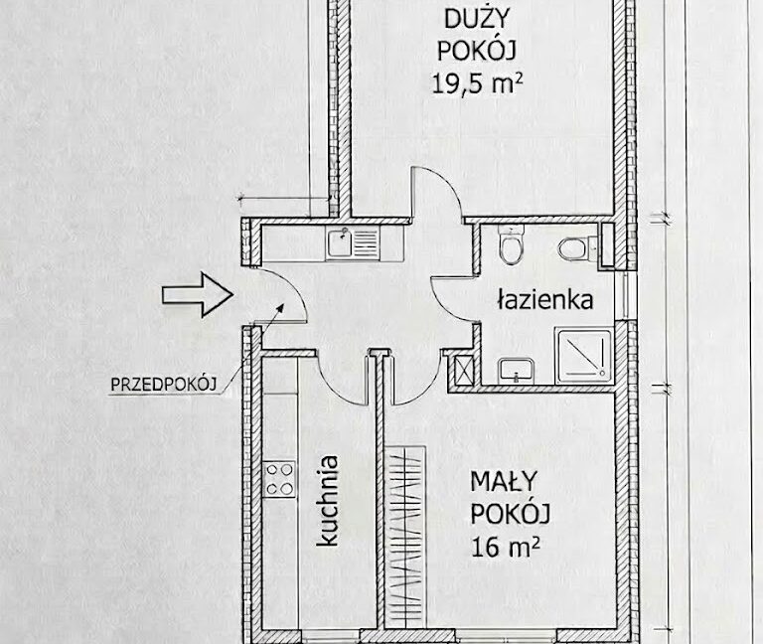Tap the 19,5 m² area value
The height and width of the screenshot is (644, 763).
[477, 83]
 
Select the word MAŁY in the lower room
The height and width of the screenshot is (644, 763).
[503, 482]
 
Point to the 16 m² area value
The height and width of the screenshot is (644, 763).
[505, 547]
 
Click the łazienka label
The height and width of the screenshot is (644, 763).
[545, 299]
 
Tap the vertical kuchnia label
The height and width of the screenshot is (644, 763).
[327, 501]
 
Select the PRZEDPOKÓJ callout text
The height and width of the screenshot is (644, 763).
[164, 385]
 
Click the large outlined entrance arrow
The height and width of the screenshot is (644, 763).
[198, 295]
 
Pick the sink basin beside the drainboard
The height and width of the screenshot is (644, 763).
[340, 243]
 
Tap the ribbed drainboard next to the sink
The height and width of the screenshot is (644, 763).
[366, 242]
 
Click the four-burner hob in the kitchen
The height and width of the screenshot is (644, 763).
[279, 479]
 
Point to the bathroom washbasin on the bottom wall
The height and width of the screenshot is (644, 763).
[516, 371]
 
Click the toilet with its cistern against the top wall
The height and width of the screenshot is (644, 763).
[511, 244]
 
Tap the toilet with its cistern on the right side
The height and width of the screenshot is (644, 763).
[578, 248]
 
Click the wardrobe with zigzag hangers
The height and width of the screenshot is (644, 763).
[405, 537]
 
